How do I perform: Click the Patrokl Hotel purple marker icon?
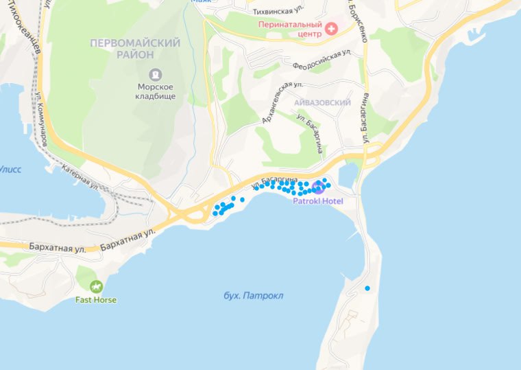pyautogui.click(x=317, y=187)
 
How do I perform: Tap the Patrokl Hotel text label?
pyautogui.click(x=317, y=201)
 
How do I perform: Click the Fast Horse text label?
pyautogui.click(x=95, y=300)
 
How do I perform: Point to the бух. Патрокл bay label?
pyautogui.click(x=253, y=296)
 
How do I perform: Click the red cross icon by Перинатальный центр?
pyautogui.click(x=332, y=28)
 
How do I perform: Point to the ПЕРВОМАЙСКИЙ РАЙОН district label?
pyautogui.click(x=135, y=49)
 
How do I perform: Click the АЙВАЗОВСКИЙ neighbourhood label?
pyautogui.click(x=322, y=103)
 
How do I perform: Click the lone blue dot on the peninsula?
pyautogui.click(x=367, y=288)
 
